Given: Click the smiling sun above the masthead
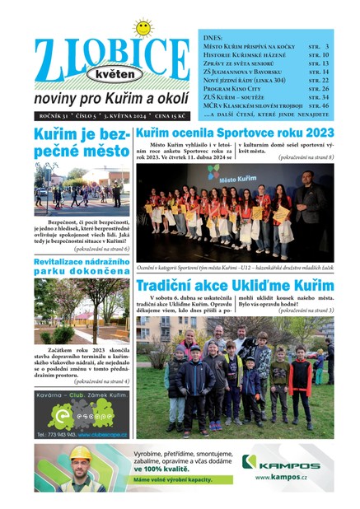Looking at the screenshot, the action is [143, 28].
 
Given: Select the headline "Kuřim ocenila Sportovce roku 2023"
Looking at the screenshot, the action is [235, 133].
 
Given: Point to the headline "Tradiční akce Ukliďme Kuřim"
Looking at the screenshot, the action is [235, 286].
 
